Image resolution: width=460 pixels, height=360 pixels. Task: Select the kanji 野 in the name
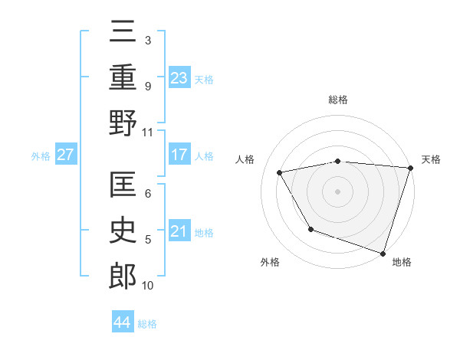[x=123, y=123]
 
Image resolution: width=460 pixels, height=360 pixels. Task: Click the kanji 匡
[x=123, y=185]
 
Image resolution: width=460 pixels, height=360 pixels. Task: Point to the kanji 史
[x=123, y=231]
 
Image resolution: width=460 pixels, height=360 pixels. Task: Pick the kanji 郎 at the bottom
[x=123, y=277]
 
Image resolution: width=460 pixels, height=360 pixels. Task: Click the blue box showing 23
[x=179, y=77]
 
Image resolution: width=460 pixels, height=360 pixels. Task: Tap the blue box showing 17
[x=179, y=155]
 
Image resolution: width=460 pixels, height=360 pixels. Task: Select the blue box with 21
[x=179, y=231]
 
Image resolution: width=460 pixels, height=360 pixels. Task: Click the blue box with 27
[x=66, y=155]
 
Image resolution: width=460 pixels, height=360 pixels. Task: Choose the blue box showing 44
[x=122, y=323]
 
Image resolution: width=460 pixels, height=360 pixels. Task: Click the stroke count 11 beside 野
[x=148, y=132]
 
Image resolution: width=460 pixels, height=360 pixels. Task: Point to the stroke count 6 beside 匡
[x=148, y=193]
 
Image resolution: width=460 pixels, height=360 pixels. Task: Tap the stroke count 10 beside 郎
[x=148, y=286]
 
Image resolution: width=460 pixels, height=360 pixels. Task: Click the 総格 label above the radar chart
[x=338, y=100]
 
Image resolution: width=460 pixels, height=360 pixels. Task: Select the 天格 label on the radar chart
[x=431, y=159]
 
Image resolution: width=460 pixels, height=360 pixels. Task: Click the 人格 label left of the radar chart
[x=246, y=159]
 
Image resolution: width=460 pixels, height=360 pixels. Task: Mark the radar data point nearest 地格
[x=383, y=253]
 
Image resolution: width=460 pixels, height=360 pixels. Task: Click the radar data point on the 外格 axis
[x=310, y=229]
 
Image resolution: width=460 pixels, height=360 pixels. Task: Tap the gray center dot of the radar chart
[x=338, y=191]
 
